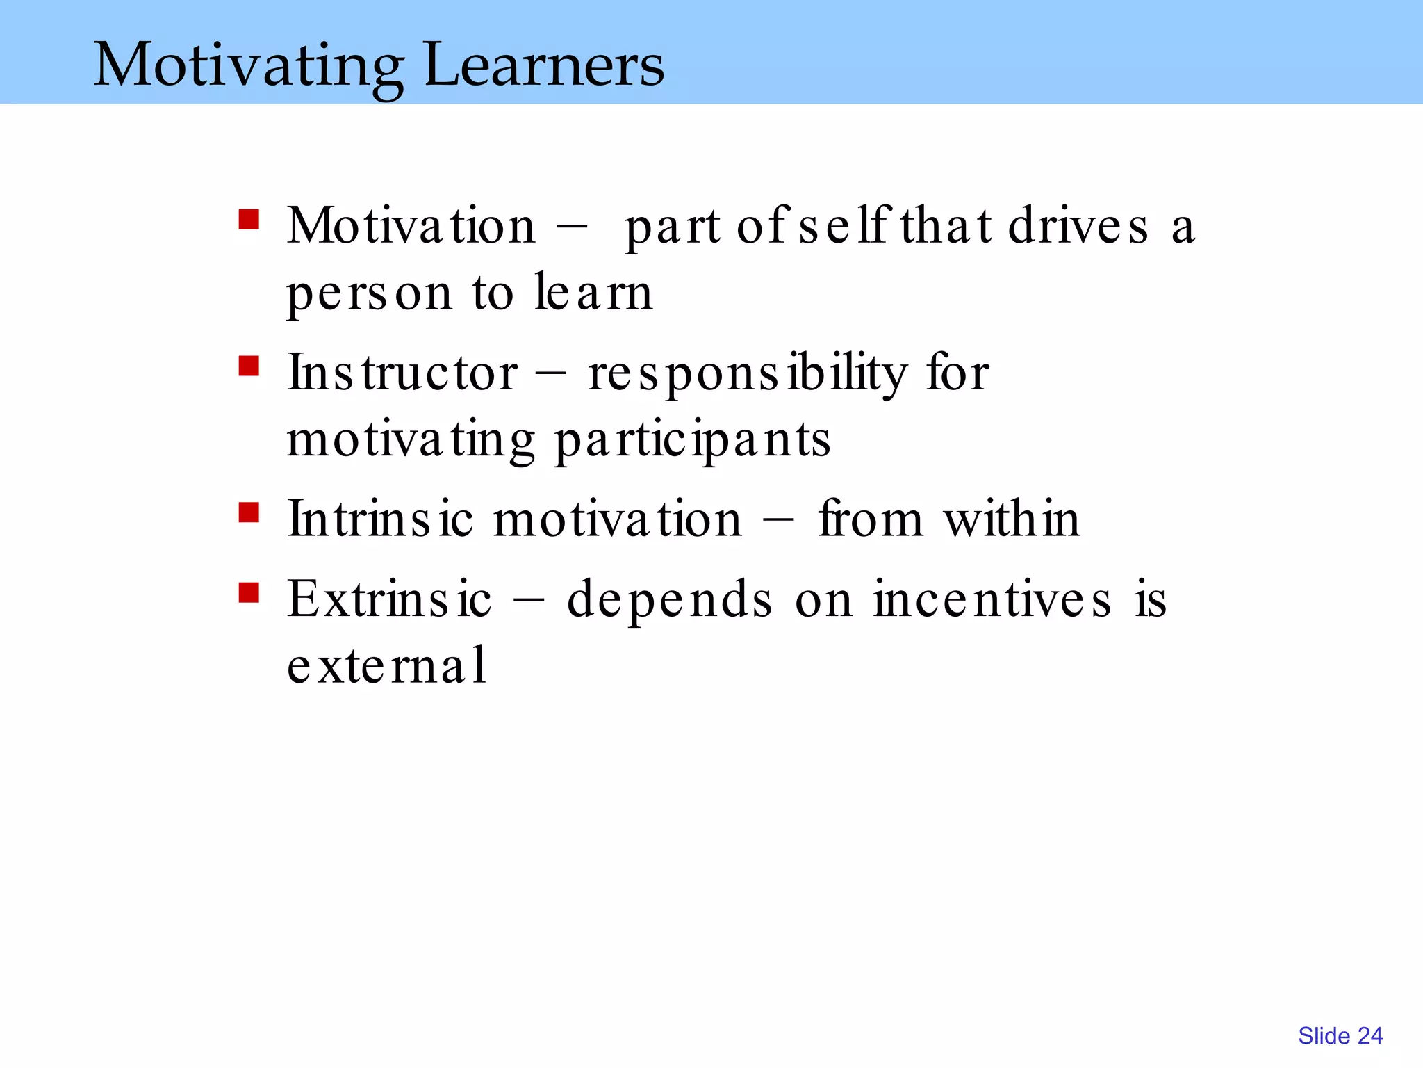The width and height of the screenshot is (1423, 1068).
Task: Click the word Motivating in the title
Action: coord(248,66)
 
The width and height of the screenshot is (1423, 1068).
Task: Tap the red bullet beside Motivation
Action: coord(249,220)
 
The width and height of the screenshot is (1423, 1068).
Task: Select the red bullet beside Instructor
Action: coord(249,366)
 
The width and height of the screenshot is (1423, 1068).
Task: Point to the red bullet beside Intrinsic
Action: coord(249,513)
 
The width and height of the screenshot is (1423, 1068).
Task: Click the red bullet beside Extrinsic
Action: coord(249,593)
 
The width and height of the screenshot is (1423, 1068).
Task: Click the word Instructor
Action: coord(402,373)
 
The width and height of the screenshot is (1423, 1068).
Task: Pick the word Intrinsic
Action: coord(380,519)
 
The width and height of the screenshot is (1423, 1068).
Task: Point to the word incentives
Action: coord(992,599)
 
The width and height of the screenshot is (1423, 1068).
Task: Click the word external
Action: coord(386,665)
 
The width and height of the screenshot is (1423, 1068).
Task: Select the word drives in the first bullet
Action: coord(1078,227)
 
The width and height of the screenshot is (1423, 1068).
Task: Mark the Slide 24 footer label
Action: coord(1340,1036)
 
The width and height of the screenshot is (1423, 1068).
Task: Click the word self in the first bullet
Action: coord(844,227)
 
